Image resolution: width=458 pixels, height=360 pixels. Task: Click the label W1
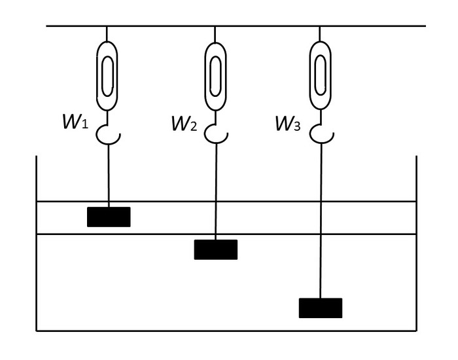point(75,122)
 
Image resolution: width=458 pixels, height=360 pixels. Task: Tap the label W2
point(184,122)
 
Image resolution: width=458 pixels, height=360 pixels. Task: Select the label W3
point(289,122)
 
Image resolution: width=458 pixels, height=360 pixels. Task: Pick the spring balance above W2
point(215,75)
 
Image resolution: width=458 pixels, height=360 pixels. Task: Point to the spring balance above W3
point(320,75)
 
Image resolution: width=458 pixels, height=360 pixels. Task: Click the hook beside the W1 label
point(106,134)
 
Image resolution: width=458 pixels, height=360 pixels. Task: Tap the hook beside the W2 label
point(215,134)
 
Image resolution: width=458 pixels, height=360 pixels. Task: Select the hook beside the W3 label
point(321,134)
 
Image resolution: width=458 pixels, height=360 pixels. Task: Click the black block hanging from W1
point(109,217)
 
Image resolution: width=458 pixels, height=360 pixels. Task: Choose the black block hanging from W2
point(215,249)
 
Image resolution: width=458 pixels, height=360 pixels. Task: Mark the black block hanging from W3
point(321,308)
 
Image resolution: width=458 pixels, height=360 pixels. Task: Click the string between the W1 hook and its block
point(107,173)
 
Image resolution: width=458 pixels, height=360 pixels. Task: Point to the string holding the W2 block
point(215,190)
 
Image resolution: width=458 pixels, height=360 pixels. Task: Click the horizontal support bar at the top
point(262,26)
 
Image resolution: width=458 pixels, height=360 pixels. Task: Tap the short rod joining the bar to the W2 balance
point(215,34)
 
